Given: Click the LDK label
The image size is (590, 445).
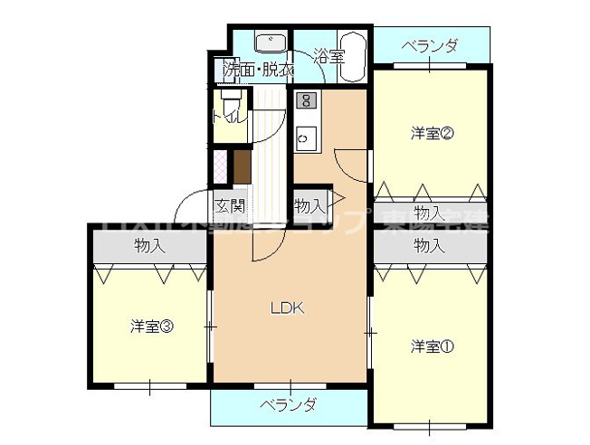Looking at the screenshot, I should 289,308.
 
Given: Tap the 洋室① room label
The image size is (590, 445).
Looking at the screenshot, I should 432,346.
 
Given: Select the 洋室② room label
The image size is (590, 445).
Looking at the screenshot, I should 432,134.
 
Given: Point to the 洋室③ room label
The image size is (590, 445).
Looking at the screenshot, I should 151,326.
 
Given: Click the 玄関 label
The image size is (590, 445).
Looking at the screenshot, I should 229,204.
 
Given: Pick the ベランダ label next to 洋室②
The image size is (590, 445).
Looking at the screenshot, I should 430,45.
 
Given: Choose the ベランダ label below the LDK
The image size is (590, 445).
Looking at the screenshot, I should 289,404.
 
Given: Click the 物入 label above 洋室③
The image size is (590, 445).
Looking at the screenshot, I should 150,245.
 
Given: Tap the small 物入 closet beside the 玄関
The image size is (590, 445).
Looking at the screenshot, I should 308,205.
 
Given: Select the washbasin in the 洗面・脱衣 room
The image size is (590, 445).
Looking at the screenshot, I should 270,43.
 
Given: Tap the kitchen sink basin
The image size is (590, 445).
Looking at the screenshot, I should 304,139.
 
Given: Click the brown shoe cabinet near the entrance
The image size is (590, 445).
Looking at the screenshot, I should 242,166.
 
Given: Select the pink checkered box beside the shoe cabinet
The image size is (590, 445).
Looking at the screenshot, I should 219,166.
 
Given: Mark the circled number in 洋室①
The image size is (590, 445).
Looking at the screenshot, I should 447,346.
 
